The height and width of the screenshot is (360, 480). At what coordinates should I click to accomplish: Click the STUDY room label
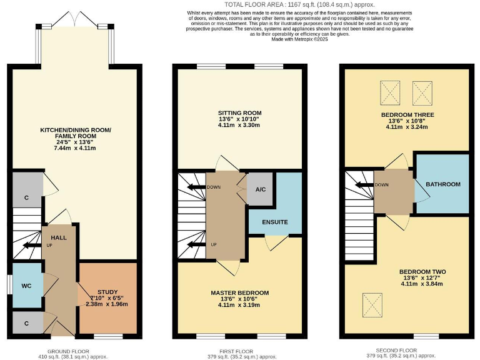107,292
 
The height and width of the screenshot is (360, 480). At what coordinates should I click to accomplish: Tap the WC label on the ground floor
26,286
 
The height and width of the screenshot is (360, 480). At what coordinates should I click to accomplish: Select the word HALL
59,237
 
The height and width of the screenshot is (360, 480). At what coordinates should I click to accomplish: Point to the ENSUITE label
275,222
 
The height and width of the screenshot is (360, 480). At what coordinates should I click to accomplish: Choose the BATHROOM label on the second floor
443,184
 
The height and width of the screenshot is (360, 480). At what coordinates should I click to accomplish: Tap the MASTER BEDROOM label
239,292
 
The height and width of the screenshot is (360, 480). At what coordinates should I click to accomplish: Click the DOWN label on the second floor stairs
381,185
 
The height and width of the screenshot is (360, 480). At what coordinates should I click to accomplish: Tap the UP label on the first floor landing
214,244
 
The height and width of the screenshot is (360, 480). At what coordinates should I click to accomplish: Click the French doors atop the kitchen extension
76,21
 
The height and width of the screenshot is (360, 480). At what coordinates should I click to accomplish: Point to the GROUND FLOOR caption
68,351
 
